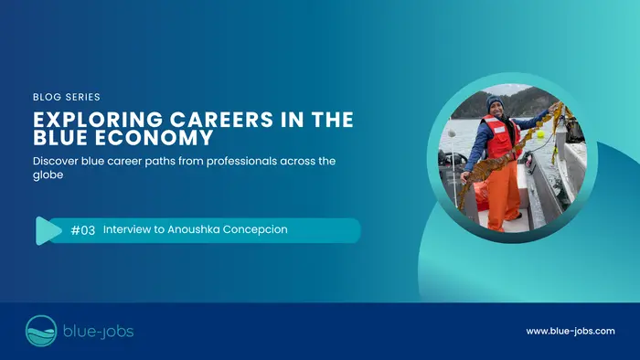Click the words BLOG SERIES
(x=66, y=96)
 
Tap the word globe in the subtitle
(x=48, y=178)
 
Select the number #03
(x=83, y=230)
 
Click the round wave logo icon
(x=41, y=331)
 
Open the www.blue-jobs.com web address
(x=571, y=331)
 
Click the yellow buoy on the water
(x=540, y=134)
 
